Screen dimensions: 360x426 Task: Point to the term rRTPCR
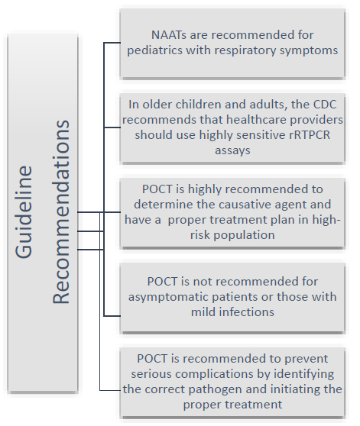(x=310, y=135)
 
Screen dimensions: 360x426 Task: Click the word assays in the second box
(x=232, y=150)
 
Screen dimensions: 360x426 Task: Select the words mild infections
(x=232, y=312)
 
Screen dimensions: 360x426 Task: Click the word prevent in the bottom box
(x=306, y=359)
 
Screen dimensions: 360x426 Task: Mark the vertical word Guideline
(x=24, y=212)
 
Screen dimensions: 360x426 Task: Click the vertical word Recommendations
(x=60, y=212)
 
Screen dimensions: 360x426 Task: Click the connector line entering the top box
(x=112, y=43)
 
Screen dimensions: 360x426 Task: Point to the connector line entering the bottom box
(x=110, y=390)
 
